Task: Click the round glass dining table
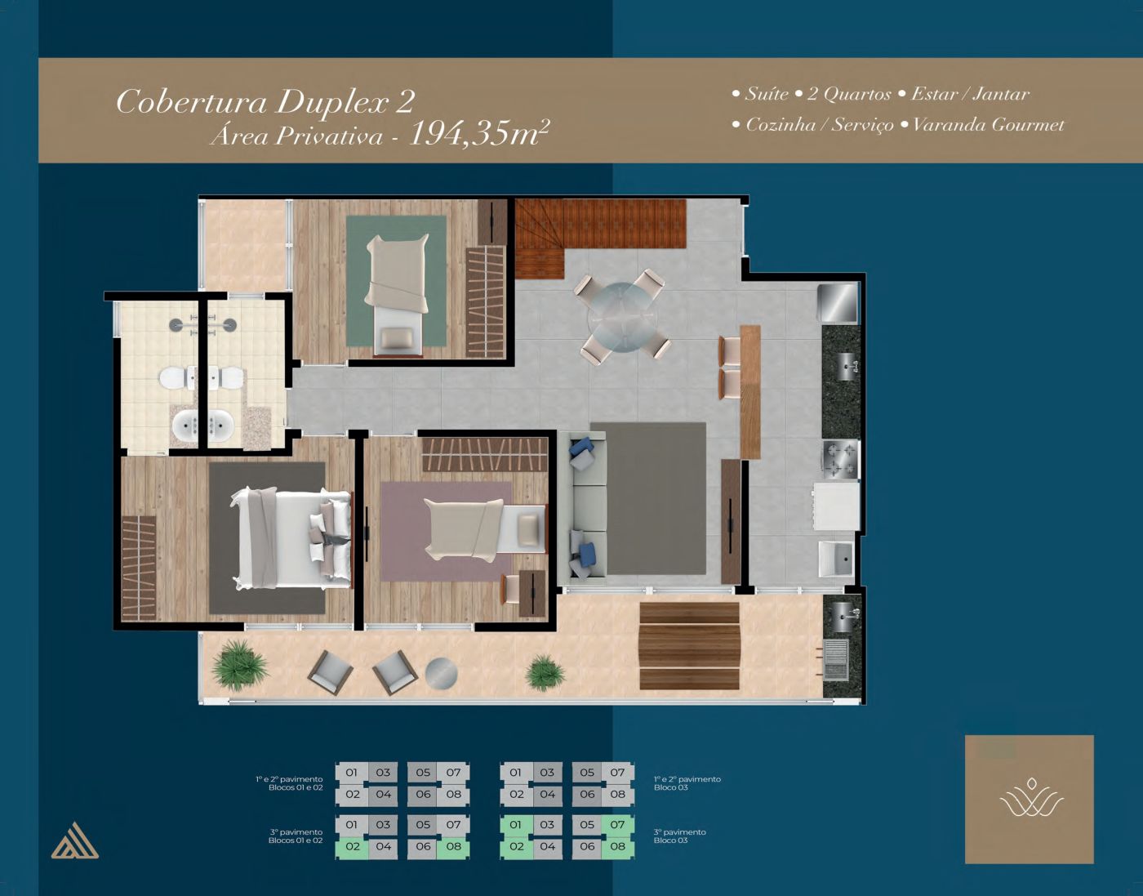622,317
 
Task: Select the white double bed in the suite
291,537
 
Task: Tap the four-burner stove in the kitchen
841,460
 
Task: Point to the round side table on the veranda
441,674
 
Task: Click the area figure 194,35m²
479,134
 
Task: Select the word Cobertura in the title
192,102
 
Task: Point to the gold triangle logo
74,840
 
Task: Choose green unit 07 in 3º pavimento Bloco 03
618,824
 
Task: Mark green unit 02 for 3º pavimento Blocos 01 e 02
353,846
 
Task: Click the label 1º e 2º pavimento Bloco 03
687,783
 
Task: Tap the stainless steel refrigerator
838,302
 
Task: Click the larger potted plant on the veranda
240,665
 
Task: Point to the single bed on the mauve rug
485,529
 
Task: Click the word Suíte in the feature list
767,94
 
